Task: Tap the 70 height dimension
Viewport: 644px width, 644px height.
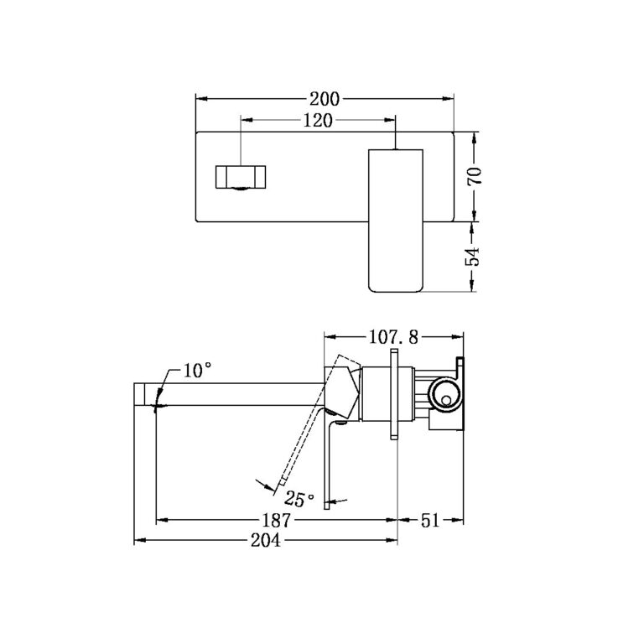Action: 474,176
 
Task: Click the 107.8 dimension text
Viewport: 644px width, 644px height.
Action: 394,339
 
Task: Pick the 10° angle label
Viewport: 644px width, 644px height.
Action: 197,370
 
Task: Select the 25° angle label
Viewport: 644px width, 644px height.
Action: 299,500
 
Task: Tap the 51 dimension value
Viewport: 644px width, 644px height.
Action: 430,520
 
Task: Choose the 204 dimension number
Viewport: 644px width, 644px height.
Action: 266,541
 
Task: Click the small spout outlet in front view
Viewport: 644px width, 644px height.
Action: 241,179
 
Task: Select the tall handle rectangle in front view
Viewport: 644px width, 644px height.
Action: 396,220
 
